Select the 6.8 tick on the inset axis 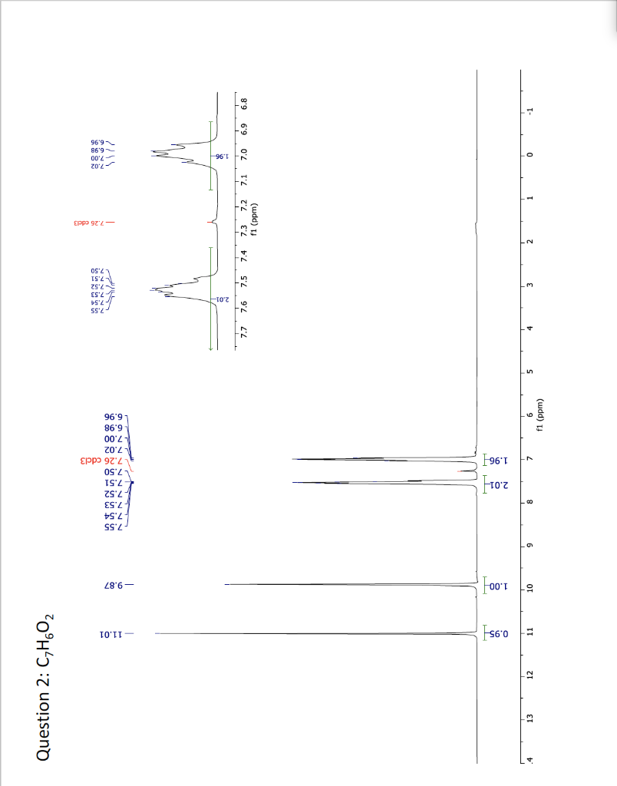[x=245, y=101]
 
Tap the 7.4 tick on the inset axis [x=245, y=255]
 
